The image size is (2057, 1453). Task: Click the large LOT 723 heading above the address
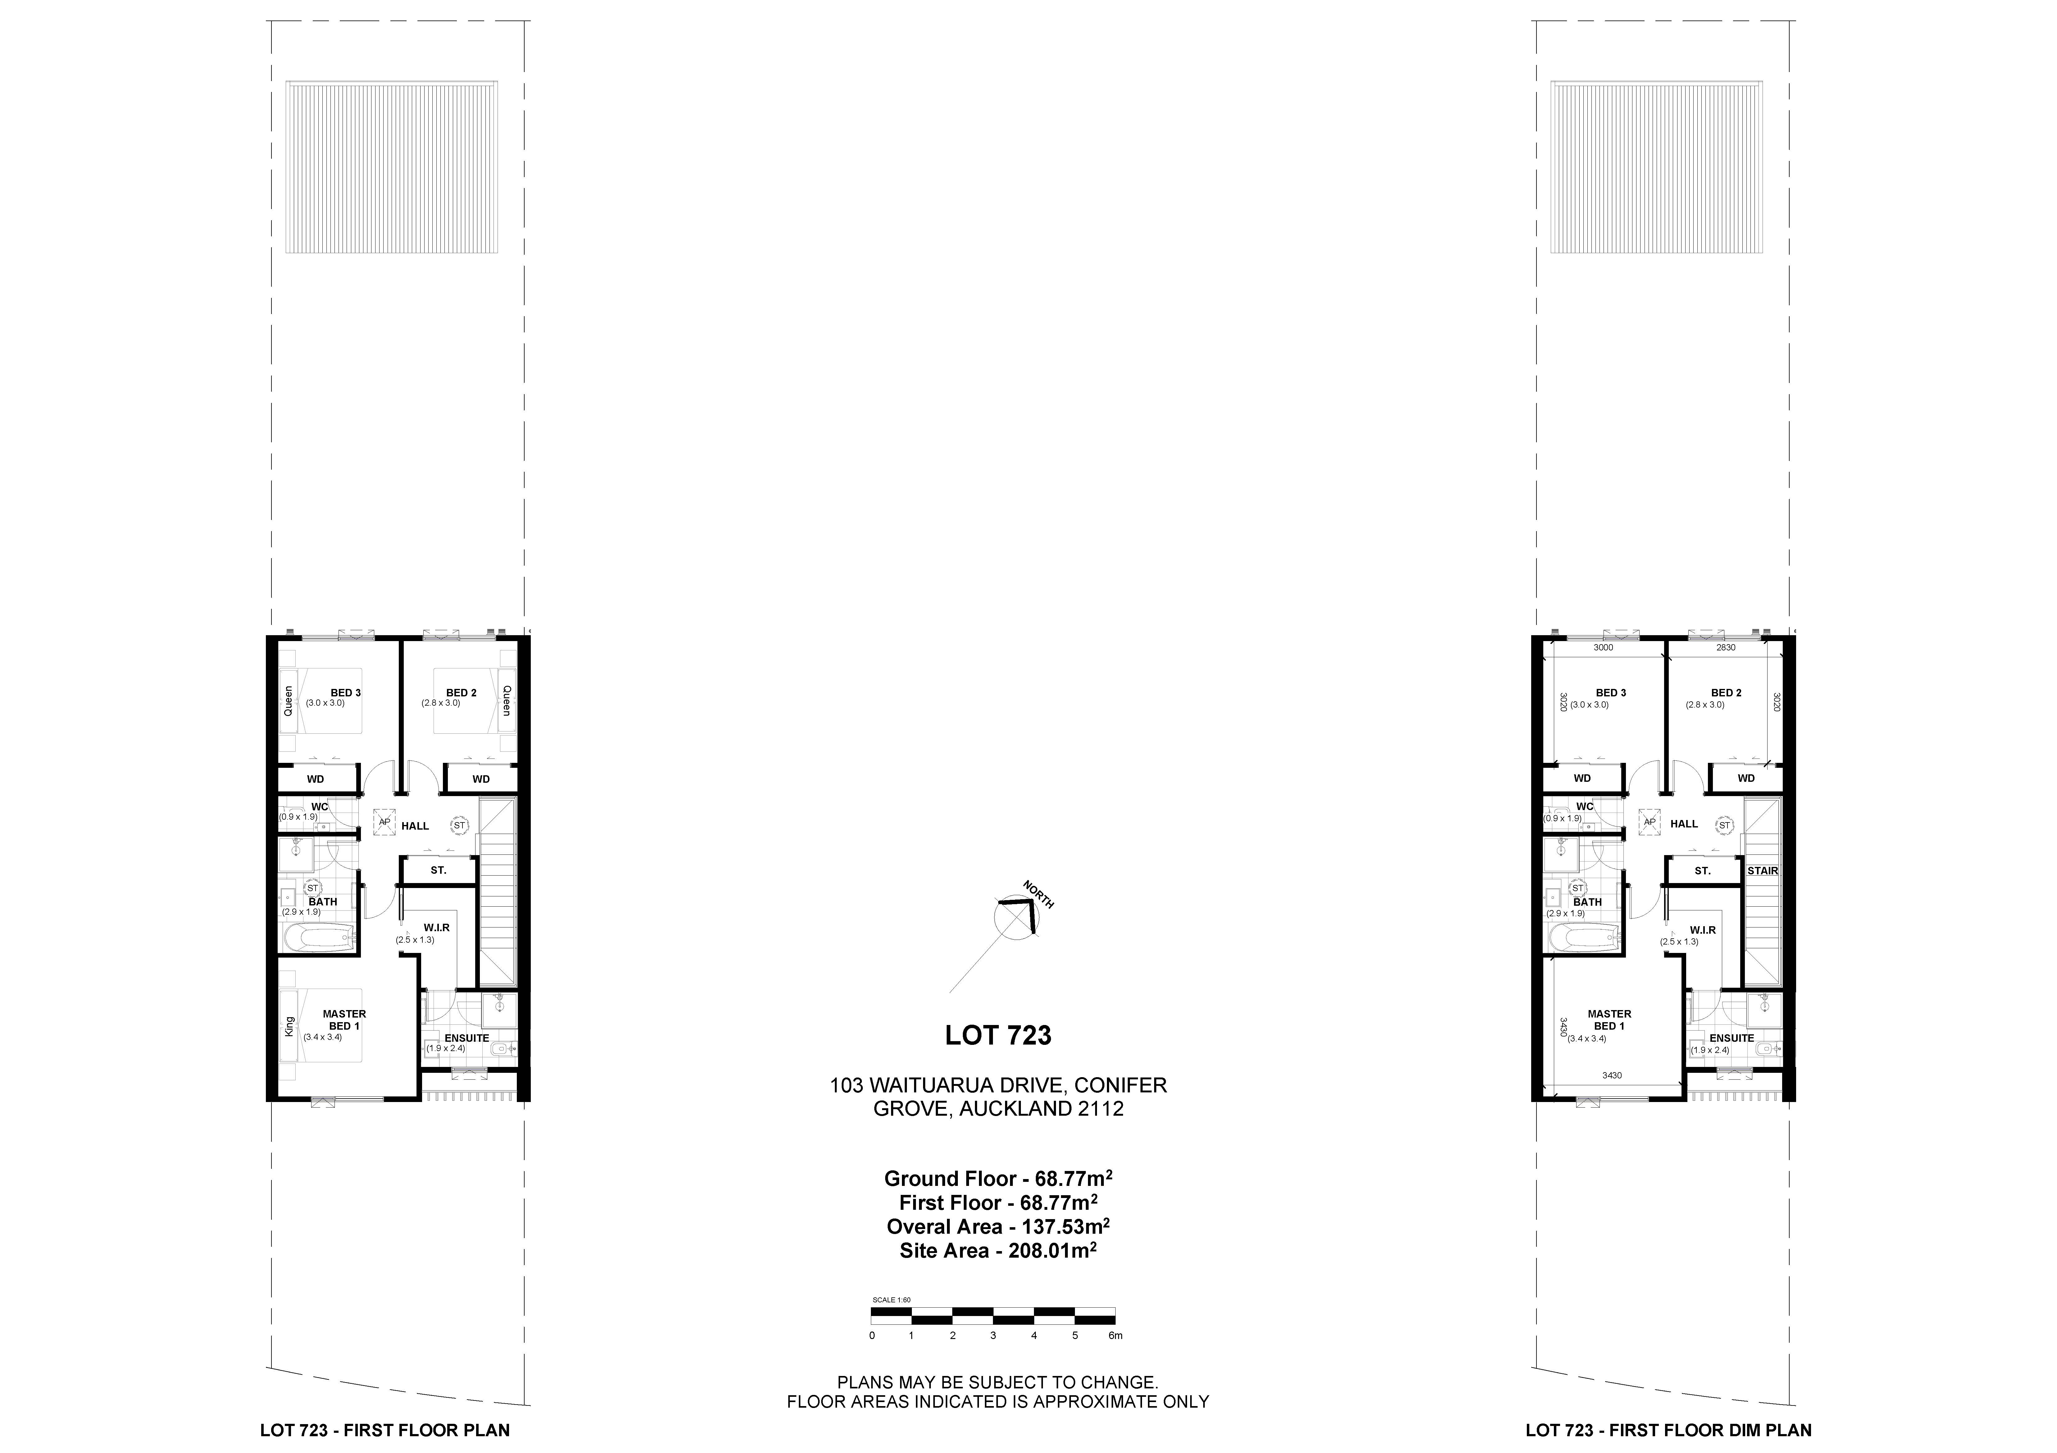tap(998, 1036)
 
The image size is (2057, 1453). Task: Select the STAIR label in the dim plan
tap(1762, 871)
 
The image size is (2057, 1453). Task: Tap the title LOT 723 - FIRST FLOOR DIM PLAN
tap(1668, 1431)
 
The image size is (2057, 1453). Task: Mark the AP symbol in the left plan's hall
tap(384, 822)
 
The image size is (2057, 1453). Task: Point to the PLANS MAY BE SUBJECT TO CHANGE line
tap(998, 1383)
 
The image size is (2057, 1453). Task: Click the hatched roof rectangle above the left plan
tap(392, 167)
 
